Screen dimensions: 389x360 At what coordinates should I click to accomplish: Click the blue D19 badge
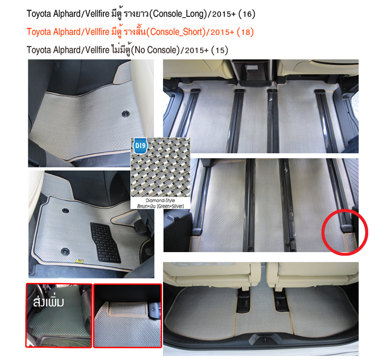(140, 146)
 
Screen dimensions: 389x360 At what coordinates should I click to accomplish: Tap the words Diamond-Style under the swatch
(160, 200)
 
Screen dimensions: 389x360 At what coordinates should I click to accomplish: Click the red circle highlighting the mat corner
(345, 232)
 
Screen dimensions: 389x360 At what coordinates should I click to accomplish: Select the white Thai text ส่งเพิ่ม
(49, 302)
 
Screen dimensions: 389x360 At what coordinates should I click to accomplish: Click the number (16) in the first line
(247, 14)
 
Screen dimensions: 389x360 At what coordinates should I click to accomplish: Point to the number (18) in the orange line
(245, 32)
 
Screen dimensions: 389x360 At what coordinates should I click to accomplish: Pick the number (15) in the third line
(219, 50)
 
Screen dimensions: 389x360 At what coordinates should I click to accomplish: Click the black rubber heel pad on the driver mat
(105, 242)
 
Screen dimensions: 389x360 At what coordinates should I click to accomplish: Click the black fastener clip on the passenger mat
(126, 114)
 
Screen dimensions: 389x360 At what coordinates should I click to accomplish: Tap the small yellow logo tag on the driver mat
(80, 261)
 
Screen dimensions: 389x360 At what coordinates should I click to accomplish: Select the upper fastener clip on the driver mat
(65, 210)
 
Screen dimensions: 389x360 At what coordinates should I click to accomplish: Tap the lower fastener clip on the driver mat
(65, 251)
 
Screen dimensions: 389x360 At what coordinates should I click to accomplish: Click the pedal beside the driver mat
(140, 228)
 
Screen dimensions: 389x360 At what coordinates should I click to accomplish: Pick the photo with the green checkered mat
(59, 315)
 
